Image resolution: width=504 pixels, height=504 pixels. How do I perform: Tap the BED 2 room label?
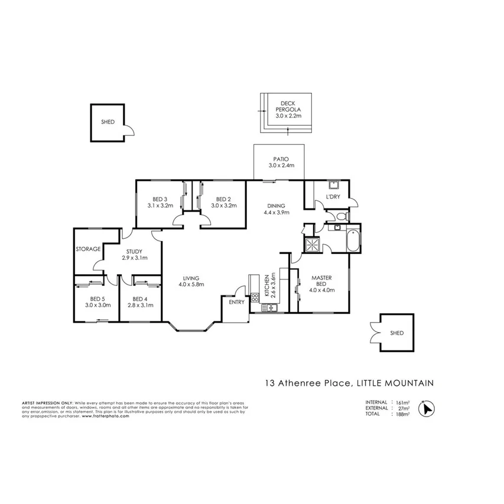223,202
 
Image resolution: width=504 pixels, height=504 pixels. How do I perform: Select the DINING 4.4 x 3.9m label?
275,209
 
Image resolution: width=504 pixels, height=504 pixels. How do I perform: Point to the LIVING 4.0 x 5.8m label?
191,281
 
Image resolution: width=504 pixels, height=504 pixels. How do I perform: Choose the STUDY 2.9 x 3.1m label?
134,255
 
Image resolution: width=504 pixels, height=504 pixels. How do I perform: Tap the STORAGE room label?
88,249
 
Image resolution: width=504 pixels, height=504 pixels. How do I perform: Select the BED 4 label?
141,302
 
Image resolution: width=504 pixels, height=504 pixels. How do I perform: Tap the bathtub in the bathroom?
354,240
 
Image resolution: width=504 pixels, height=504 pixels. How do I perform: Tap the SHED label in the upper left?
108,122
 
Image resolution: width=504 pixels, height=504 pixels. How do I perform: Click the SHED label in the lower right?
396,333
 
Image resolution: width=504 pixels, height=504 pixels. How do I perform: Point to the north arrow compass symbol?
426,408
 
